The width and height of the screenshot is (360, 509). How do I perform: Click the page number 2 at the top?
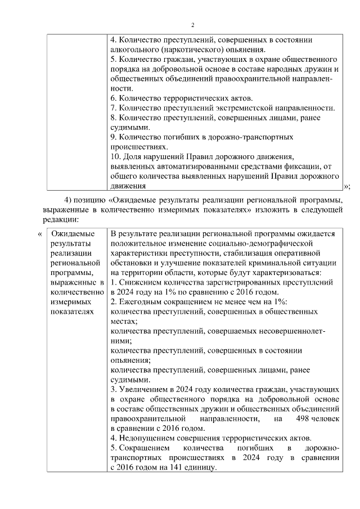192,25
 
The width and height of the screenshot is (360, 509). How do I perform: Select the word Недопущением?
147,438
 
